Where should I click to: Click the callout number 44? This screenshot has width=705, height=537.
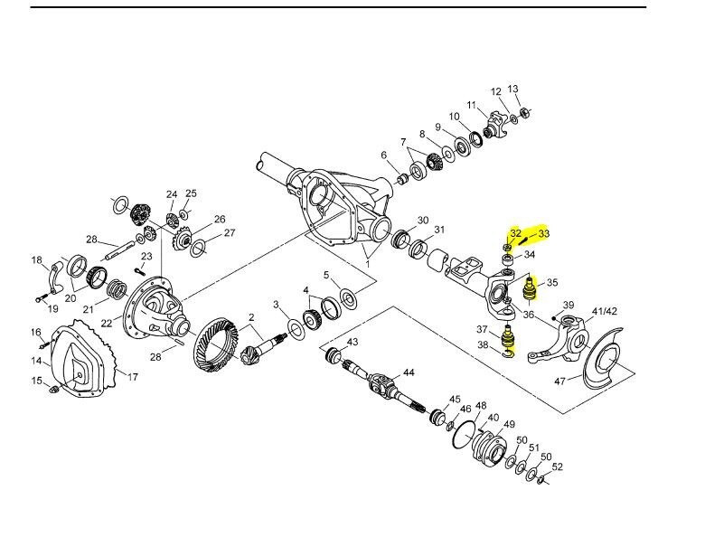[x=409, y=372]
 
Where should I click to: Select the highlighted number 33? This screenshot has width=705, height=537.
[x=544, y=233]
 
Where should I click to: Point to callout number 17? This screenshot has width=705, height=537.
[x=132, y=377]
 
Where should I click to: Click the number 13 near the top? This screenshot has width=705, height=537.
[x=513, y=89]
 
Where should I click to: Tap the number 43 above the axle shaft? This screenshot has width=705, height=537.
[x=352, y=342]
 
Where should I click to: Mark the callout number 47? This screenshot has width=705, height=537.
[x=560, y=382]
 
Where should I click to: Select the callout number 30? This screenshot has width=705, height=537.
[x=423, y=221]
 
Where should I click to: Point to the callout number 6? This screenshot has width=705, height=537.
[x=383, y=155]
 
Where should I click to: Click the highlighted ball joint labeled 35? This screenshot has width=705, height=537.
[x=530, y=291]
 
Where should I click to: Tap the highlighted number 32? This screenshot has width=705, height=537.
[x=515, y=233]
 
